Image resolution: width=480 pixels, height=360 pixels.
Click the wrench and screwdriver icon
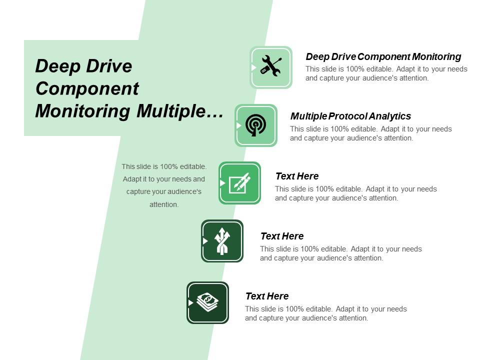[x=271, y=67]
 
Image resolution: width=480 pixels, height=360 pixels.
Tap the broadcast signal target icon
[x=256, y=125]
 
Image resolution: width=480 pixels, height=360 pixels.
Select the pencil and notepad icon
[x=239, y=183]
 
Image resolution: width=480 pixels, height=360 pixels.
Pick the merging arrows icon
[x=222, y=241]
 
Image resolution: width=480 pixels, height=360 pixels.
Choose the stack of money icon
[x=208, y=302]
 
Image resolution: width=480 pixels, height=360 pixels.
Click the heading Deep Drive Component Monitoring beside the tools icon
[x=383, y=57]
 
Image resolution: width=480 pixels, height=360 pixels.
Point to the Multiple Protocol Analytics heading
[x=350, y=116]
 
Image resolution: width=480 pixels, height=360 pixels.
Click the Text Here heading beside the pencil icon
[x=297, y=176]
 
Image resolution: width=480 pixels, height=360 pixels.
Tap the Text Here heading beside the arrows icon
[x=282, y=236]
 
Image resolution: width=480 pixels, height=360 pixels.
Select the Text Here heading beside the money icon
[x=267, y=296]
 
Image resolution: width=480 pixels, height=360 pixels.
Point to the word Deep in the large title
[x=55, y=66]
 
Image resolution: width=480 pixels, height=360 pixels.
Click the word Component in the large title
[x=87, y=88]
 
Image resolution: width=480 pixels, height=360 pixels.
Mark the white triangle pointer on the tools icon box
[x=253, y=67]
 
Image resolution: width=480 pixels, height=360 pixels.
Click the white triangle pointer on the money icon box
[x=190, y=303]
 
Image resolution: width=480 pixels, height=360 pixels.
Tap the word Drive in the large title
[x=107, y=66]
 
